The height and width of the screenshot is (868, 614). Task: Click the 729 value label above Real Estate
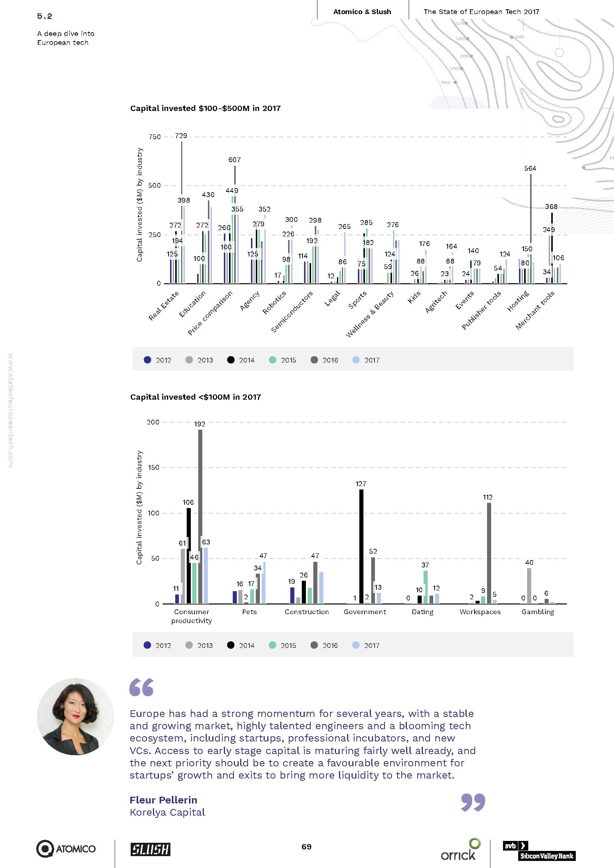[x=181, y=136]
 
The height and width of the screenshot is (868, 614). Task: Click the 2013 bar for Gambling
[x=529, y=586]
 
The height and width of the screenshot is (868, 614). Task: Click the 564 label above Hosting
[x=530, y=168]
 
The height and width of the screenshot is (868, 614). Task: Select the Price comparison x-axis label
[x=210, y=313]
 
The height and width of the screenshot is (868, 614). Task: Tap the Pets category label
[x=249, y=612]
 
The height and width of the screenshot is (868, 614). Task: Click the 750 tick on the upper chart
[x=155, y=137]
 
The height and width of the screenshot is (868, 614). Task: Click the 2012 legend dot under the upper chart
[x=147, y=360]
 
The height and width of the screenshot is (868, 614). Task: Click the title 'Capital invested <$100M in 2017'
[x=196, y=397]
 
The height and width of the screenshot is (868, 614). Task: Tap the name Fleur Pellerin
[x=163, y=800]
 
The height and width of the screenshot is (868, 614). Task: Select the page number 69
[x=306, y=846]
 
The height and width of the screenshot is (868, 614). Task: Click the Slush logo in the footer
[x=150, y=849]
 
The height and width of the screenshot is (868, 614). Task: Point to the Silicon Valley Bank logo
[x=539, y=850]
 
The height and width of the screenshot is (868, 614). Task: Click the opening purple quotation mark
[x=142, y=687]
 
